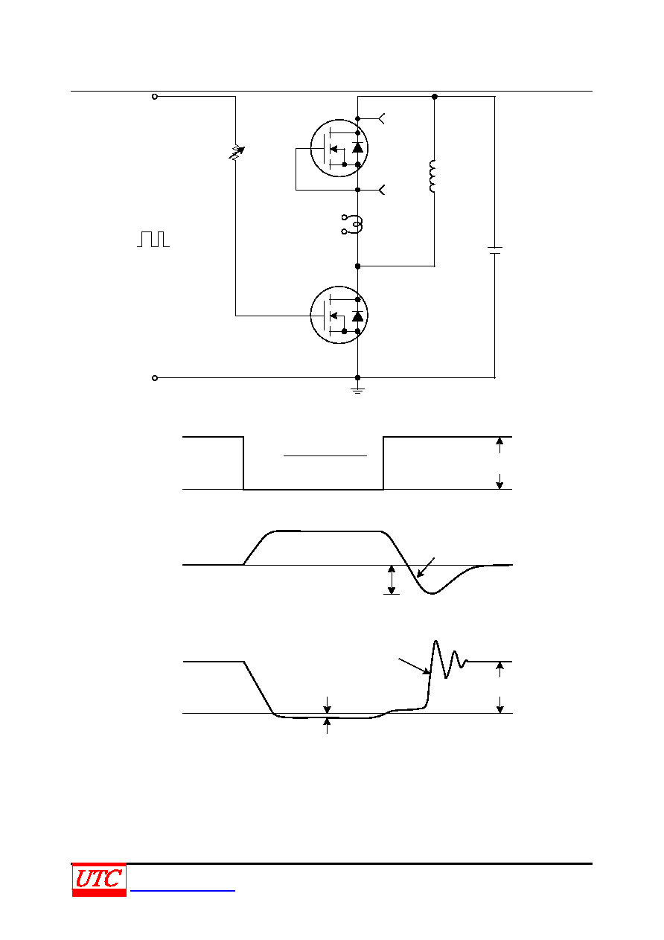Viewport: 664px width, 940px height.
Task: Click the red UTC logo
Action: pos(99,879)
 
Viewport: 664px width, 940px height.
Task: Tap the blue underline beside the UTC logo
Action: pos(182,890)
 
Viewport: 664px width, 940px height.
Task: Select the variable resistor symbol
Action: pos(236,153)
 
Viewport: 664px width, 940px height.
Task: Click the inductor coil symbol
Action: pos(432,176)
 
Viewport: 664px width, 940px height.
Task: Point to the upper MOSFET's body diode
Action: pos(357,147)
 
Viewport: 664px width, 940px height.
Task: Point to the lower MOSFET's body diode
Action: pos(357,316)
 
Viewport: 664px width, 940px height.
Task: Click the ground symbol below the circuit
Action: pos(357,390)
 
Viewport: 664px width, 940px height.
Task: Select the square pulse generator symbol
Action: pos(153,239)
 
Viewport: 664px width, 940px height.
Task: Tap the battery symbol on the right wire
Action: pos(495,251)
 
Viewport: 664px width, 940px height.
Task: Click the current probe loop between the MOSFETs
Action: pos(353,225)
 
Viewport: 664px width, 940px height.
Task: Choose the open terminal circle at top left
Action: pos(155,97)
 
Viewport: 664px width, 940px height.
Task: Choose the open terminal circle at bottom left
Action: pos(155,378)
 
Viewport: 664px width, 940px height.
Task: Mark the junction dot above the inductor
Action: pos(435,97)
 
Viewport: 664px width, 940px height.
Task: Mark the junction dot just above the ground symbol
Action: pos(357,377)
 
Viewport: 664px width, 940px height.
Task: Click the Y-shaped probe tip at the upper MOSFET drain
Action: pos(381,119)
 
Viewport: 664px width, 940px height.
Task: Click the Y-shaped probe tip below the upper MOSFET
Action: pos(381,190)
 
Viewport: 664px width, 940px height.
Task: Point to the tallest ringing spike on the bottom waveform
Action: pos(435,642)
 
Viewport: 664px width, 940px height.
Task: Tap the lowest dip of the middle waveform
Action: pos(432,593)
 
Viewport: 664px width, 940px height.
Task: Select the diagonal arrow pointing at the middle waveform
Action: pos(426,567)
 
